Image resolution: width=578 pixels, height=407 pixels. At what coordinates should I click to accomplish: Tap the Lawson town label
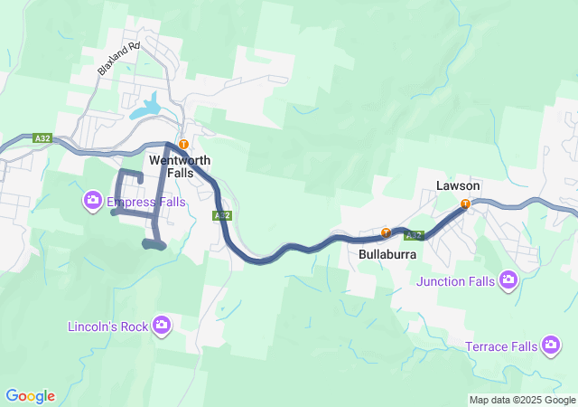pyautogui.click(x=457, y=185)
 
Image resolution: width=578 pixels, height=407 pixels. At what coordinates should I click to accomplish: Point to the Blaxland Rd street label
pyautogui.click(x=120, y=58)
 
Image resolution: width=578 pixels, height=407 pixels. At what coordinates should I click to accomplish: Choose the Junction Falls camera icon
pyautogui.click(x=508, y=280)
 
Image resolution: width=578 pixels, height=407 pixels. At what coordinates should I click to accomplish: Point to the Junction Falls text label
pyautogui.click(x=456, y=281)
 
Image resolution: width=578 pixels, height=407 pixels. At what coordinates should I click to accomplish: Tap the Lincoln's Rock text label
pyautogui.click(x=109, y=326)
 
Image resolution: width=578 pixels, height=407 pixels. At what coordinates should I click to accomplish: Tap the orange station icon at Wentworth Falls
pyautogui.click(x=183, y=144)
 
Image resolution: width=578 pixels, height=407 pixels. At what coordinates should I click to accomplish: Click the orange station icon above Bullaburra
pyautogui.click(x=386, y=232)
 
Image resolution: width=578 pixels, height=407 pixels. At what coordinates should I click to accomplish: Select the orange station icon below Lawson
pyautogui.click(x=465, y=204)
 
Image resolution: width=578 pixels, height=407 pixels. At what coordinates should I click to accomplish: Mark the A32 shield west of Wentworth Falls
pyautogui.click(x=42, y=138)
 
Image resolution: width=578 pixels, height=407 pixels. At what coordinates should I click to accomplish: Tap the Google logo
pyautogui.click(x=31, y=396)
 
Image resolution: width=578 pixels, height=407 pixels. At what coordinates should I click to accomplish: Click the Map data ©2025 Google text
pyautogui.click(x=522, y=400)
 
